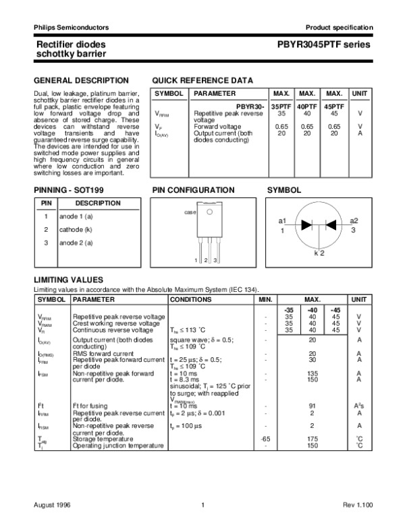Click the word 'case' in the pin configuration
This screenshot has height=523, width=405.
190,212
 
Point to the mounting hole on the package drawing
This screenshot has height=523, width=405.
209,212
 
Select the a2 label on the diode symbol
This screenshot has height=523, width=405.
354,221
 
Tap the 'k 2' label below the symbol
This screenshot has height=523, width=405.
319,253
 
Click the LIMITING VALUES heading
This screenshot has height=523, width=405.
69,279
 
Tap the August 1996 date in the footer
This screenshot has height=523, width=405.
53,505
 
